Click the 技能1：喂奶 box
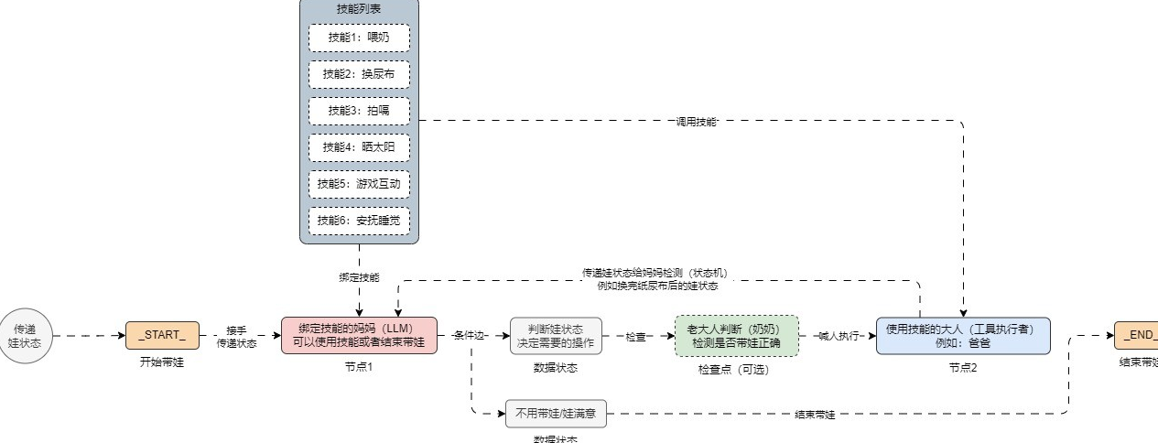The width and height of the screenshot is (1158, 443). tap(359, 38)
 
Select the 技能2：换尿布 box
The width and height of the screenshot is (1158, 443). tap(359, 74)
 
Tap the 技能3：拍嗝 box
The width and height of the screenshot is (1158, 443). tap(359, 111)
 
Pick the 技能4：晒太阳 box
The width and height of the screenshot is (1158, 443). tap(359, 147)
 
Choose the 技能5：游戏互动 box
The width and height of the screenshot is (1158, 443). tap(359, 184)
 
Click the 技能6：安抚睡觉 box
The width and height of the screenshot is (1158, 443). tap(359, 221)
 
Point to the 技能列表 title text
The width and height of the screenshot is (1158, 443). tap(359, 8)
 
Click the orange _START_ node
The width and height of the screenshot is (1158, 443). tap(162, 336)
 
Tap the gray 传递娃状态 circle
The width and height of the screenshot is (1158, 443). tap(25, 336)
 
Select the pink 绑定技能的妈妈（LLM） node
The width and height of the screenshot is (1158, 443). tap(360, 336)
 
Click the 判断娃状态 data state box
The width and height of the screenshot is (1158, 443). tap(556, 336)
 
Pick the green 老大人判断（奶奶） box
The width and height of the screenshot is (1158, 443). tap(736, 336)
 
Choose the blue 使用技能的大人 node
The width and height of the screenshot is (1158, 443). tap(962, 336)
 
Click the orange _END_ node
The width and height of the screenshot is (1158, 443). tap(1136, 336)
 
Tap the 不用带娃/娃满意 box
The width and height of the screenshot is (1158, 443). tap(556, 414)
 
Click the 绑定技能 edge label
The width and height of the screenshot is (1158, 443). tap(359, 276)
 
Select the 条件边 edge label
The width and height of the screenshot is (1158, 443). tap(470, 336)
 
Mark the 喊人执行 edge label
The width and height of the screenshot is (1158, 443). tap(838, 336)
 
